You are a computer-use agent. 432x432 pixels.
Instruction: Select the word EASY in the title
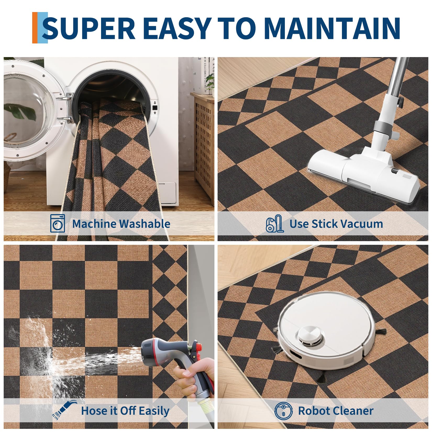tap(178, 28)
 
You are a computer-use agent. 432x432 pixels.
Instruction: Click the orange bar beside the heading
tap(35, 28)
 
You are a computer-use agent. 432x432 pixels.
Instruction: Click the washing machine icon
tap(58, 223)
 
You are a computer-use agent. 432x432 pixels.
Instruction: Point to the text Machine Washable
tap(121, 224)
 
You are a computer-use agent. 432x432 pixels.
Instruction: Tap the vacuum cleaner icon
tap(274, 223)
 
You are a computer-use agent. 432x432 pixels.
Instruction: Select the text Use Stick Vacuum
tap(336, 224)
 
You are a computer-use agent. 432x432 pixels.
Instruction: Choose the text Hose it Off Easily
tap(125, 411)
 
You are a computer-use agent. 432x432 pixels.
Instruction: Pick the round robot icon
tap(284, 410)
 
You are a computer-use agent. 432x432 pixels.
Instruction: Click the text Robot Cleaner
tap(336, 411)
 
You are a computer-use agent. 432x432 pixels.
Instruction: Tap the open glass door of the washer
tap(31, 111)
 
